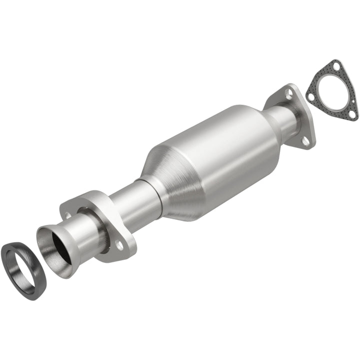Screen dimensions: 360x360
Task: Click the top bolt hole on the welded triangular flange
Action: point(289,92)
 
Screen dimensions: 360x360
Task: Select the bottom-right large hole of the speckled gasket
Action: point(352,113)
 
